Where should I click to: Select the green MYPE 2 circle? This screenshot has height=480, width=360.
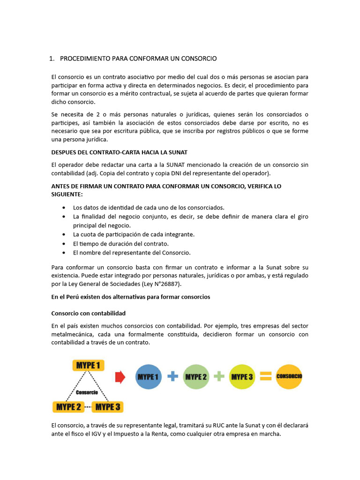[x=196, y=376]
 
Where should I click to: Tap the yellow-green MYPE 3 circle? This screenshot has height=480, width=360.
[x=242, y=376]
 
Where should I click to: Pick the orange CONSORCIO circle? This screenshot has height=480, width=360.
[x=289, y=376]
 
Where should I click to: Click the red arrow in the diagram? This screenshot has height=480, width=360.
[x=120, y=377]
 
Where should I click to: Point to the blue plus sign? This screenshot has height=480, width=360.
[x=172, y=376]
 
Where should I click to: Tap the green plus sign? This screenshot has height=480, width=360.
[x=219, y=376]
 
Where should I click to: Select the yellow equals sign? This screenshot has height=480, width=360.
[x=266, y=376]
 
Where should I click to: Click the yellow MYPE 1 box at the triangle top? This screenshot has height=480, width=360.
[x=89, y=365]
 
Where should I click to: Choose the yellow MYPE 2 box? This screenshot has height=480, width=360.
[x=68, y=406]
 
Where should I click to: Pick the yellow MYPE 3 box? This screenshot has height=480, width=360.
[x=108, y=406]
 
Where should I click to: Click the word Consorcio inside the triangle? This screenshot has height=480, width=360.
[x=87, y=392]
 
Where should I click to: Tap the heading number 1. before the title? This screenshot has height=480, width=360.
[x=52, y=59]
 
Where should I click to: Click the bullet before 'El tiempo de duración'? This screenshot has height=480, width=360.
[x=64, y=244]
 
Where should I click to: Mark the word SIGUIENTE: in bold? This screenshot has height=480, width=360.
[x=67, y=194]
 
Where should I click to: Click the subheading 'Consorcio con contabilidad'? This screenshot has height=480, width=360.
[x=88, y=313]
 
